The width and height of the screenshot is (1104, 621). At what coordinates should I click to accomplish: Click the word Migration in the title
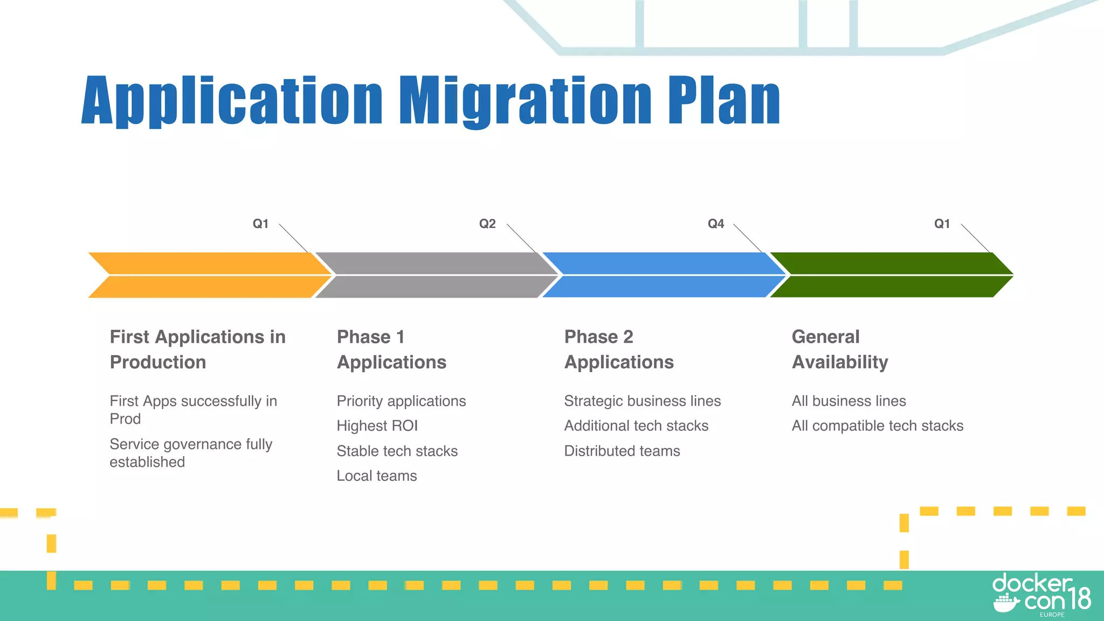[526, 101]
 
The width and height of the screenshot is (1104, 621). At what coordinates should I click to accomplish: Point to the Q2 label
[487, 224]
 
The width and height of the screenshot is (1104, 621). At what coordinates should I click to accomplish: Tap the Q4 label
[715, 224]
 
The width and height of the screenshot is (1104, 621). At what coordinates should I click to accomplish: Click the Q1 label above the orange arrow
[260, 224]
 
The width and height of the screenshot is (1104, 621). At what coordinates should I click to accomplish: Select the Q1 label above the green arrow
[942, 224]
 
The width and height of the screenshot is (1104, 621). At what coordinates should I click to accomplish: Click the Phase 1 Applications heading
[391, 349]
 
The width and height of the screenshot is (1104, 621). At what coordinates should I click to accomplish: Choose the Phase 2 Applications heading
[619, 349]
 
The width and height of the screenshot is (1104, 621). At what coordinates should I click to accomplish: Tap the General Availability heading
[839, 349]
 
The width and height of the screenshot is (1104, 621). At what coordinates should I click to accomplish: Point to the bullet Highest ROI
[377, 426]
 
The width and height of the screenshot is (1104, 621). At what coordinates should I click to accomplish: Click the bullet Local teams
[377, 476]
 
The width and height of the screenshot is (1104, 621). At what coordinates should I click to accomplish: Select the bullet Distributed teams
[622, 451]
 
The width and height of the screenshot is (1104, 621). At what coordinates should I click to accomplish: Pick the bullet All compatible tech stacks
[877, 426]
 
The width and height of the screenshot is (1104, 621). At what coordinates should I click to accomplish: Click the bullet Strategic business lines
[642, 401]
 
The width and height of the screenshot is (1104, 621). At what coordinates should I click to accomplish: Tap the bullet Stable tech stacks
[397, 451]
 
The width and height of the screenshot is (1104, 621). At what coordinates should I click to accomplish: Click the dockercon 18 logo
[1041, 595]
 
